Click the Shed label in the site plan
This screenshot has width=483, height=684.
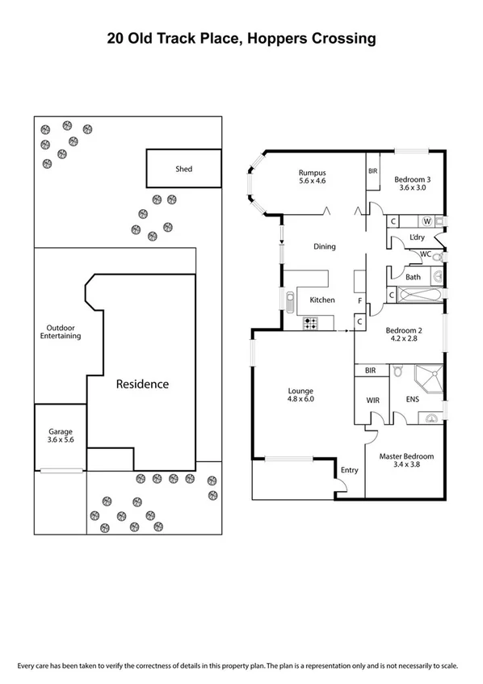tap(184, 169)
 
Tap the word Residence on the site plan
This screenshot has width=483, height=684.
tap(141, 384)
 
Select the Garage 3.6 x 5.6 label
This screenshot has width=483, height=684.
tap(61, 436)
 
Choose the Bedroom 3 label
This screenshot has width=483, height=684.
tap(412, 183)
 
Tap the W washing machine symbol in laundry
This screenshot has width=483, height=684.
tap(426, 220)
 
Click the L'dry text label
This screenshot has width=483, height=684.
tap(418, 237)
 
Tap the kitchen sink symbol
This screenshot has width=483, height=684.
tap(290, 300)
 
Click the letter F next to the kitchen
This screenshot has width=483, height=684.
tap(359, 301)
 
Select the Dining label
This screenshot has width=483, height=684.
tap(325, 247)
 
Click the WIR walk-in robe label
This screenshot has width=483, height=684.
tap(372, 399)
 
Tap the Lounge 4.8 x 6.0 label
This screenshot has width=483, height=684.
tap(300, 395)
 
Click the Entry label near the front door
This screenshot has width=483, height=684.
tap(349, 470)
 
